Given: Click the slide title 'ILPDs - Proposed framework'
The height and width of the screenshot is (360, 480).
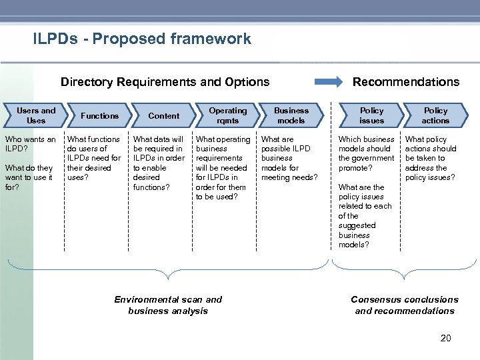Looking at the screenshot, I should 142,39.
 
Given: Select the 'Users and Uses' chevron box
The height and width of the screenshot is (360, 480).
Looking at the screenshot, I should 36,115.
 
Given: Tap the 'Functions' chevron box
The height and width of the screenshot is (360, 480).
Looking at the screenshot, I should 99,116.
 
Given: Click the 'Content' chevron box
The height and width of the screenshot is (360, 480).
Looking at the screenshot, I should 163,116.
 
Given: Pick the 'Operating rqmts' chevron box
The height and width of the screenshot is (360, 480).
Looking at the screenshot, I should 227,115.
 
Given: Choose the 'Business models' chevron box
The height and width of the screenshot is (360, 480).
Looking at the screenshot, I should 291,115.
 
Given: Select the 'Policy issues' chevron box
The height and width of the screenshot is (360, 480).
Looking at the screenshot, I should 371,115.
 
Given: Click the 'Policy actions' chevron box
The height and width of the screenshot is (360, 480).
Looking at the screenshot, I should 435,115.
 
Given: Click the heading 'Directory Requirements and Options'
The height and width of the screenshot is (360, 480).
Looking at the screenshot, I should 165,82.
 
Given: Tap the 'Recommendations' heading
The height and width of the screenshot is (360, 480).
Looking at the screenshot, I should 405,82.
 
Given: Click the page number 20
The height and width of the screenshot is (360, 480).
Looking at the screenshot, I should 445,338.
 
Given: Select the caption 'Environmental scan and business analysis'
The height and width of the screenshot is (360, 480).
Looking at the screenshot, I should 168,305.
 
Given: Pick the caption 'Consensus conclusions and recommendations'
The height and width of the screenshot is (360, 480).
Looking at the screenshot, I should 404,305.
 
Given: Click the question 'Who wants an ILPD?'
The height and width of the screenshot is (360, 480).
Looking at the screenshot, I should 30,144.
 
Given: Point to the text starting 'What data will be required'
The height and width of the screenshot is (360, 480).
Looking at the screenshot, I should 159,163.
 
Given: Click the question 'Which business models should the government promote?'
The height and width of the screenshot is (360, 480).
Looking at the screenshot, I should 366,153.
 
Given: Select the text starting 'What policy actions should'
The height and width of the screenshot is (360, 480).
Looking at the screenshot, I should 431,159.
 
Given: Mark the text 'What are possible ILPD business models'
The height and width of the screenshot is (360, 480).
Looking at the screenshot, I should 289,159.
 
